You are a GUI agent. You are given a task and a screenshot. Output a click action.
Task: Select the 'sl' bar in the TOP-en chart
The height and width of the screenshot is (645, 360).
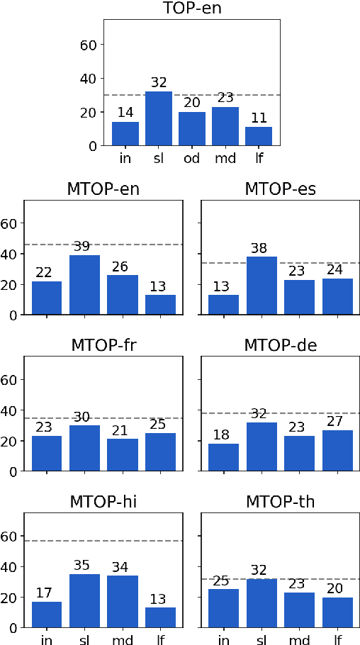click(159, 118)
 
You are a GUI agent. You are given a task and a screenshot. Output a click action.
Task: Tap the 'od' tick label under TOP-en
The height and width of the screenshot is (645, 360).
click(192, 158)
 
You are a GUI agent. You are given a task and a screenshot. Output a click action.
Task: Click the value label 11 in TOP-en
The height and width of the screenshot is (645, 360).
click(259, 118)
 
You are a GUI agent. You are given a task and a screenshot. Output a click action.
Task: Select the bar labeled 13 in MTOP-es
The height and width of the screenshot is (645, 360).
click(222, 305)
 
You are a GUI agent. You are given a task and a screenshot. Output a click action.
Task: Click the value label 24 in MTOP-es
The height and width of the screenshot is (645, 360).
click(338, 270)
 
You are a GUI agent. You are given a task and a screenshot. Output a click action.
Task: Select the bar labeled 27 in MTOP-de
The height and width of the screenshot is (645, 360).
click(338, 450)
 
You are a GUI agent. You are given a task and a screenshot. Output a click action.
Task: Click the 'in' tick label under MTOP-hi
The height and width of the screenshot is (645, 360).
click(46, 640)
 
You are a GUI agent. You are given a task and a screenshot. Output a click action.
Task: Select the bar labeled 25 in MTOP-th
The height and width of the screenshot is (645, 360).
click(222, 608)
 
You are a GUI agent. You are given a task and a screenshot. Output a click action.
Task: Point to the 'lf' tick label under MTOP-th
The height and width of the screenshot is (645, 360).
click(338, 640)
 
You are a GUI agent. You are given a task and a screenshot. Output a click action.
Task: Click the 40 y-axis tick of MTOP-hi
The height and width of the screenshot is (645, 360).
click(10, 567)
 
